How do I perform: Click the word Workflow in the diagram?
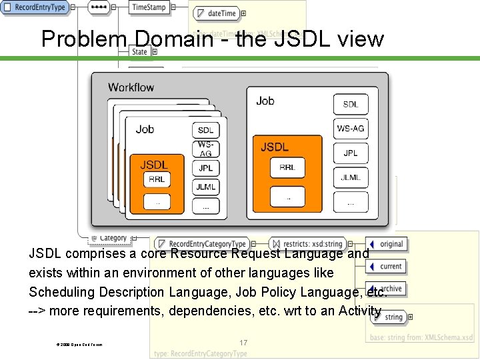pyautogui.click(x=131, y=87)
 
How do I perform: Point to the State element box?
pyautogui.click(x=139, y=51)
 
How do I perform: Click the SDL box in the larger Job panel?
pyautogui.click(x=351, y=104)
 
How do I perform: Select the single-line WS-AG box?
pyautogui.click(x=351, y=128)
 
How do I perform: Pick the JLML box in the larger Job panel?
pyautogui.click(x=351, y=177)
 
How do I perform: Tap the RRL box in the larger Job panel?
pyautogui.click(x=287, y=167)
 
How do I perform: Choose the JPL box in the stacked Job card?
pyautogui.click(x=205, y=169)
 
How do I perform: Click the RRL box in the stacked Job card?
pyautogui.click(x=157, y=179)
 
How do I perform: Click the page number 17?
pyautogui.click(x=243, y=343)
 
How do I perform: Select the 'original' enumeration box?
pyautogui.click(x=387, y=244)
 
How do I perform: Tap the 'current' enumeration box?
pyautogui.click(x=387, y=266)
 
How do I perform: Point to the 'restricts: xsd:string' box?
pyautogui.click(x=307, y=244)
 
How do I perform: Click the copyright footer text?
pyautogui.click(x=80, y=344)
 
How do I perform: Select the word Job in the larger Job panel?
pyautogui.click(x=265, y=101)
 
